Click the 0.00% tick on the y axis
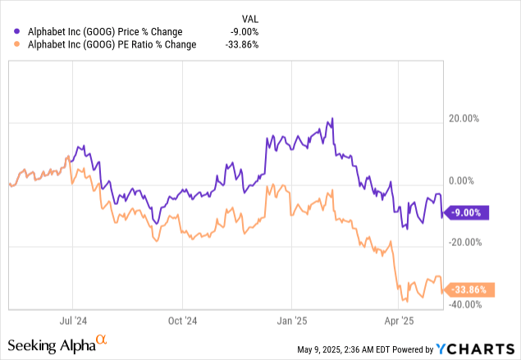pyautogui.click(x=464, y=180)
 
